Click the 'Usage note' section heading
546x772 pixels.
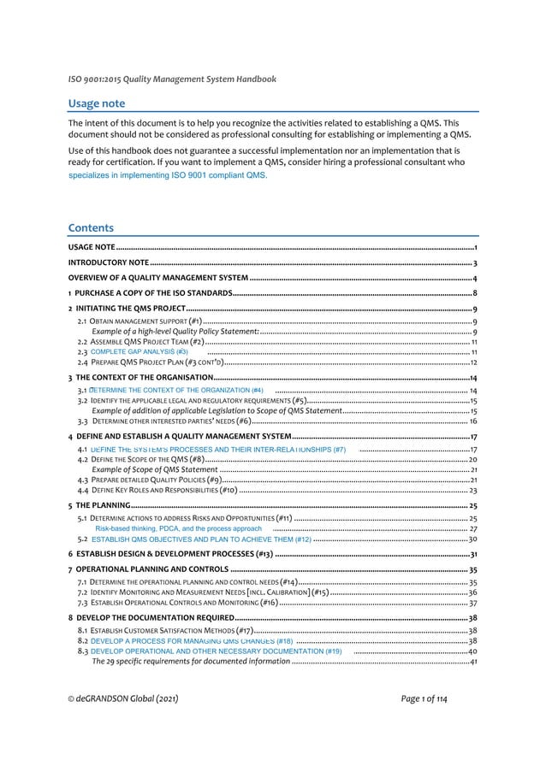coord(97,103)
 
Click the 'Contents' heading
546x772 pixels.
coord(90,228)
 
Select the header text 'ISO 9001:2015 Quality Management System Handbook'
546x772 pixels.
coord(172,80)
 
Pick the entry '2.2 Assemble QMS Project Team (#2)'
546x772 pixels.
coord(140,341)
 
